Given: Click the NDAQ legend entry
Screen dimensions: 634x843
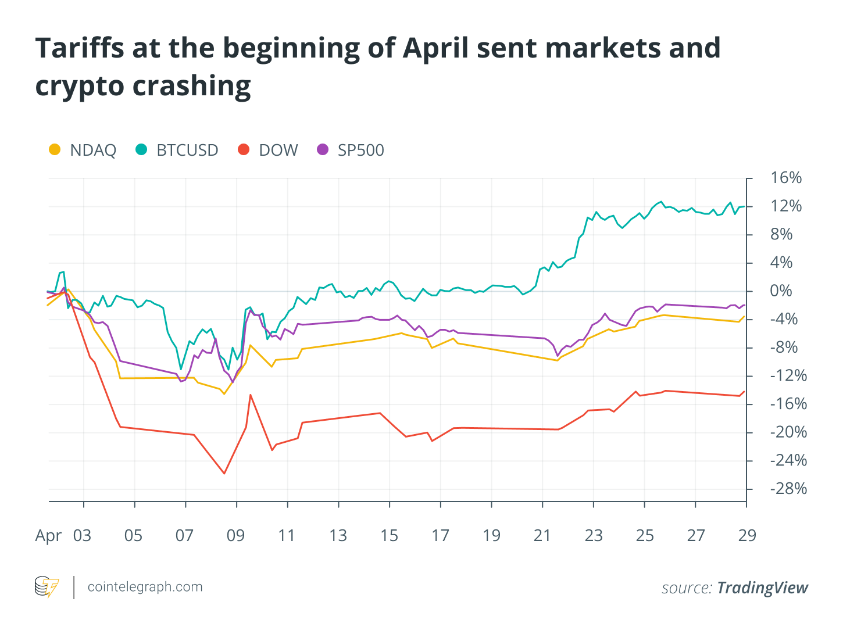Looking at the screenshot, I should [83, 150].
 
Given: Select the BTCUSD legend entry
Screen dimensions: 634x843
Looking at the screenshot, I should [177, 150].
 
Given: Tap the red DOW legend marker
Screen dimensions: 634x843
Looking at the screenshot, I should [244, 150].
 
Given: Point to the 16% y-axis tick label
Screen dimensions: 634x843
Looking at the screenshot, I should [785, 178].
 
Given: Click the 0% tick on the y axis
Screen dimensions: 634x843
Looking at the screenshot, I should [781, 291].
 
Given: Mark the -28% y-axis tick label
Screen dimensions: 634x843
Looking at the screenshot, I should [788, 489].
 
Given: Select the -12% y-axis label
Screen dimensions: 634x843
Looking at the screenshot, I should [788, 375].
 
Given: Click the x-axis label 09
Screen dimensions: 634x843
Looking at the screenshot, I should [235, 535].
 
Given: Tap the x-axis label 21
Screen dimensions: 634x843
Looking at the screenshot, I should [542, 535].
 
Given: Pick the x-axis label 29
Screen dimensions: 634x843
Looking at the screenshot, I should [747, 535].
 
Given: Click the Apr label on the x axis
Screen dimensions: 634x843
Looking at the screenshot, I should [48, 535].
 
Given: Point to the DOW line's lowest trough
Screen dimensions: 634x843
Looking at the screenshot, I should [224, 473].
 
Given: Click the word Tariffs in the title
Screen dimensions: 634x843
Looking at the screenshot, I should [79, 48].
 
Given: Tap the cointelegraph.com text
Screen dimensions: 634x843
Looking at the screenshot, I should [145, 587].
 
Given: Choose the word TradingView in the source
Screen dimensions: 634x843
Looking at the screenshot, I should [762, 588].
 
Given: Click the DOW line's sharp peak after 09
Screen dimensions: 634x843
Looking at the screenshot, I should [251, 395].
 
